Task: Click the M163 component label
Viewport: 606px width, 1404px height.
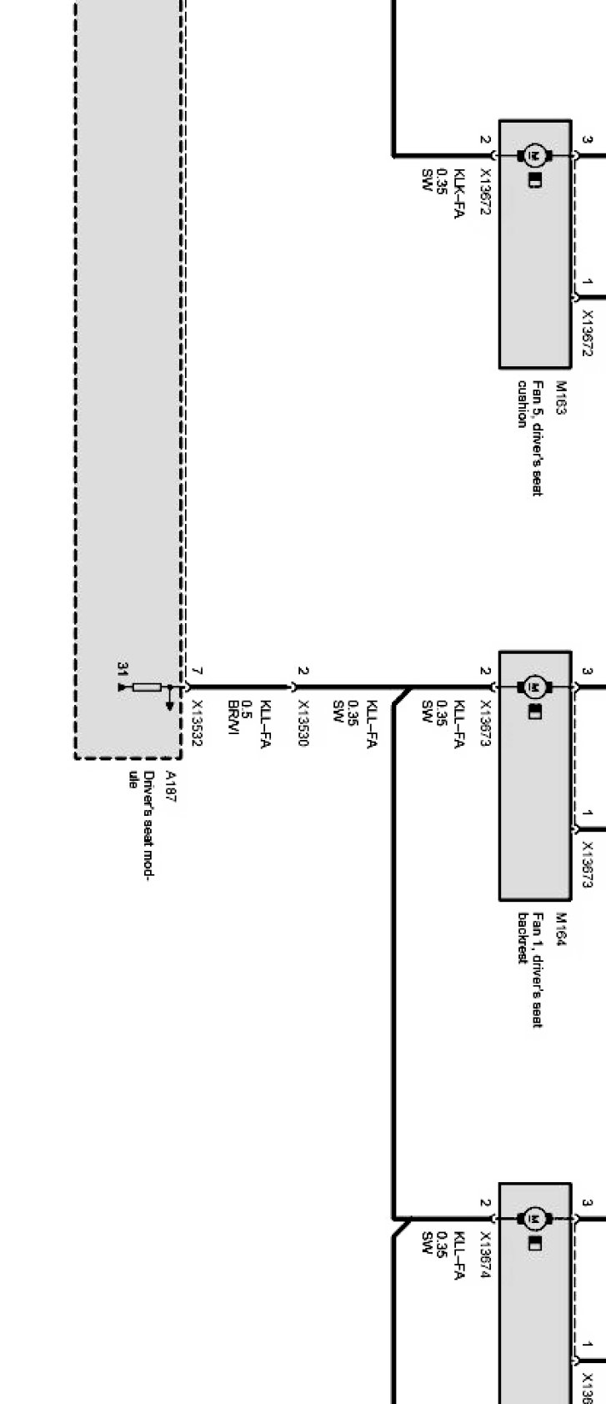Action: tap(561, 399)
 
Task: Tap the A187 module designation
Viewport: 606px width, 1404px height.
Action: tap(170, 786)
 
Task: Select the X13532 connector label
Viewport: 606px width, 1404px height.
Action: tap(197, 723)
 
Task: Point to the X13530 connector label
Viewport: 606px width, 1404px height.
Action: tap(303, 723)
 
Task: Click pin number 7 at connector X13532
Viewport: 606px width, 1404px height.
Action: tap(197, 672)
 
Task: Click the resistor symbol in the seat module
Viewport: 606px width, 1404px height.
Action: tap(148, 687)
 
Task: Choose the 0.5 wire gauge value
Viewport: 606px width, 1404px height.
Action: tap(247, 707)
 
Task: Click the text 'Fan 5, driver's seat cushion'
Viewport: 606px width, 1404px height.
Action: tap(530, 438)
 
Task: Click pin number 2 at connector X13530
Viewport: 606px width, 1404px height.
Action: tap(303, 672)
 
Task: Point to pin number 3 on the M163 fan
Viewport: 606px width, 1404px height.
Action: tap(588, 140)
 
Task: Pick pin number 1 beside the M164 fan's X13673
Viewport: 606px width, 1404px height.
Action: tap(588, 813)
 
